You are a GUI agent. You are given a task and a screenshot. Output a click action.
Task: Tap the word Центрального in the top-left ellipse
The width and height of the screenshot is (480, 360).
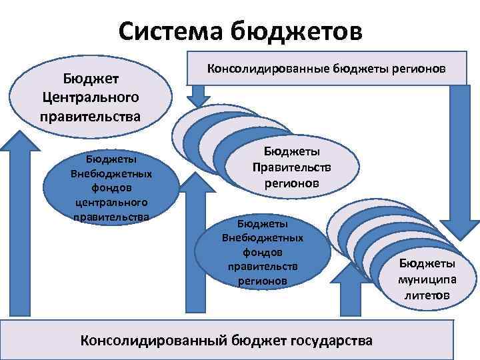(90, 98)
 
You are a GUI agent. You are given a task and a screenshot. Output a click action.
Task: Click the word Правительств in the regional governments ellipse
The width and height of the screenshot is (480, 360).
(292, 167)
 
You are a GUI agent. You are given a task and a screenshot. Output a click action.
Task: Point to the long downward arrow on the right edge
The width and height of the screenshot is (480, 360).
(463, 160)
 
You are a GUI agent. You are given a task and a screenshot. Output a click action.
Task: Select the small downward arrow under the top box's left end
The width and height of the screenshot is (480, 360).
(199, 97)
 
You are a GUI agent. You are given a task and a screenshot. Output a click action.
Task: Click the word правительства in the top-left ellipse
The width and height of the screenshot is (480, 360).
(90, 116)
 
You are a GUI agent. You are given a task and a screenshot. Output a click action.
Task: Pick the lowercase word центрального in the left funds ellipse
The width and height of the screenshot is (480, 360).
(112, 202)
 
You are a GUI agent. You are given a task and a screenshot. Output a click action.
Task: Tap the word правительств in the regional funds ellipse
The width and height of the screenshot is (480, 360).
(262, 267)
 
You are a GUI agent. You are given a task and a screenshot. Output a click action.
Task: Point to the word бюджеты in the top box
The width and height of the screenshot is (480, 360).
(359, 69)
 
